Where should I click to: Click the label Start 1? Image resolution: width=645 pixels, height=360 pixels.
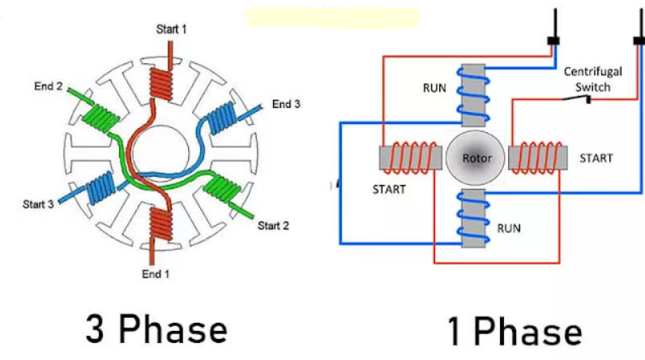pyautogui.click(x=172, y=29)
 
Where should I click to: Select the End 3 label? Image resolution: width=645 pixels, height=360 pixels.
pyautogui.click(x=286, y=104)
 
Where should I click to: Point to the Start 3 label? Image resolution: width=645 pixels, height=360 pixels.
pyautogui.click(x=38, y=204)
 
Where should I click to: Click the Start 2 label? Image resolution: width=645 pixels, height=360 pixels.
pyautogui.click(x=273, y=225)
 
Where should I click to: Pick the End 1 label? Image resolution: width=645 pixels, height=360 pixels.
pyautogui.click(x=156, y=273)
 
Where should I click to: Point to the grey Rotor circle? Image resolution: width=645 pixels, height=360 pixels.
pyautogui.click(x=472, y=157)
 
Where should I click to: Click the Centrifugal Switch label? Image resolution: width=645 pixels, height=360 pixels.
pyautogui.click(x=593, y=79)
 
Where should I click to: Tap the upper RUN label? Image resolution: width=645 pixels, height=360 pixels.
pyautogui.click(x=434, y=88)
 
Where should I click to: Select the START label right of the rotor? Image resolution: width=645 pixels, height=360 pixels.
pyautogui.click(x=596, y=157)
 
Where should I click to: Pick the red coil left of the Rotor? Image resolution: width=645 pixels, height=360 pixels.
pyautogui.click(x=411, y=156)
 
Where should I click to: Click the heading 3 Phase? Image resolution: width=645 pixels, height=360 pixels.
pyautogui.click(x=156, y=330)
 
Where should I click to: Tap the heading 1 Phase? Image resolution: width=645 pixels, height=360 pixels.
pyautogui.click(x=515, y=332)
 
